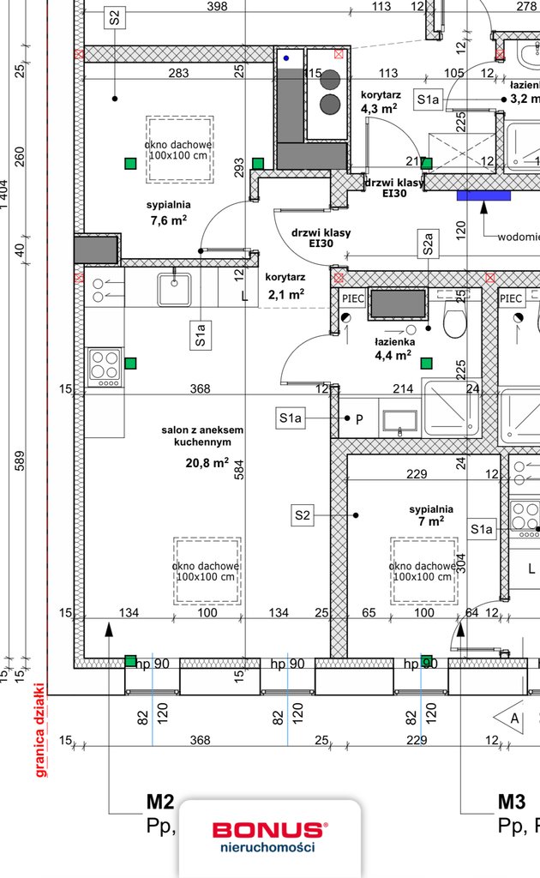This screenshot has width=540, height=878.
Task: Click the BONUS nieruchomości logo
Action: coord(269,836)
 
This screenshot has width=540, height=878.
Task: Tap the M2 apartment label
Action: coord(160,803)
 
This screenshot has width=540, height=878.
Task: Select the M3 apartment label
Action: coord(512,803)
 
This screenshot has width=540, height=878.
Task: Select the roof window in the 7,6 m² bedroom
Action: coord(179,149)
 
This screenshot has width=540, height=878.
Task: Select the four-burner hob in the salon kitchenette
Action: coord(104,367)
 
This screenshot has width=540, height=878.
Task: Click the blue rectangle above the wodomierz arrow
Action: coord(483,195)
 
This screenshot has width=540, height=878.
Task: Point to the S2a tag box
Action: coord(429,244)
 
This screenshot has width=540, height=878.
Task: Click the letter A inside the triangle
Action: coord(513,719)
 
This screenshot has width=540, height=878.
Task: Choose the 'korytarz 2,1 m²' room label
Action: coord(285,286)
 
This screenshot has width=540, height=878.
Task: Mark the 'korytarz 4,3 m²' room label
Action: coord(377,102)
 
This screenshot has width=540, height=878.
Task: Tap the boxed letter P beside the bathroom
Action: coord(360,418)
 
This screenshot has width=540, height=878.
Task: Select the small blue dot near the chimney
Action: coord(286,58)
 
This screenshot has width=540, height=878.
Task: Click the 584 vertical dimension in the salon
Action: coord(240,467)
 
